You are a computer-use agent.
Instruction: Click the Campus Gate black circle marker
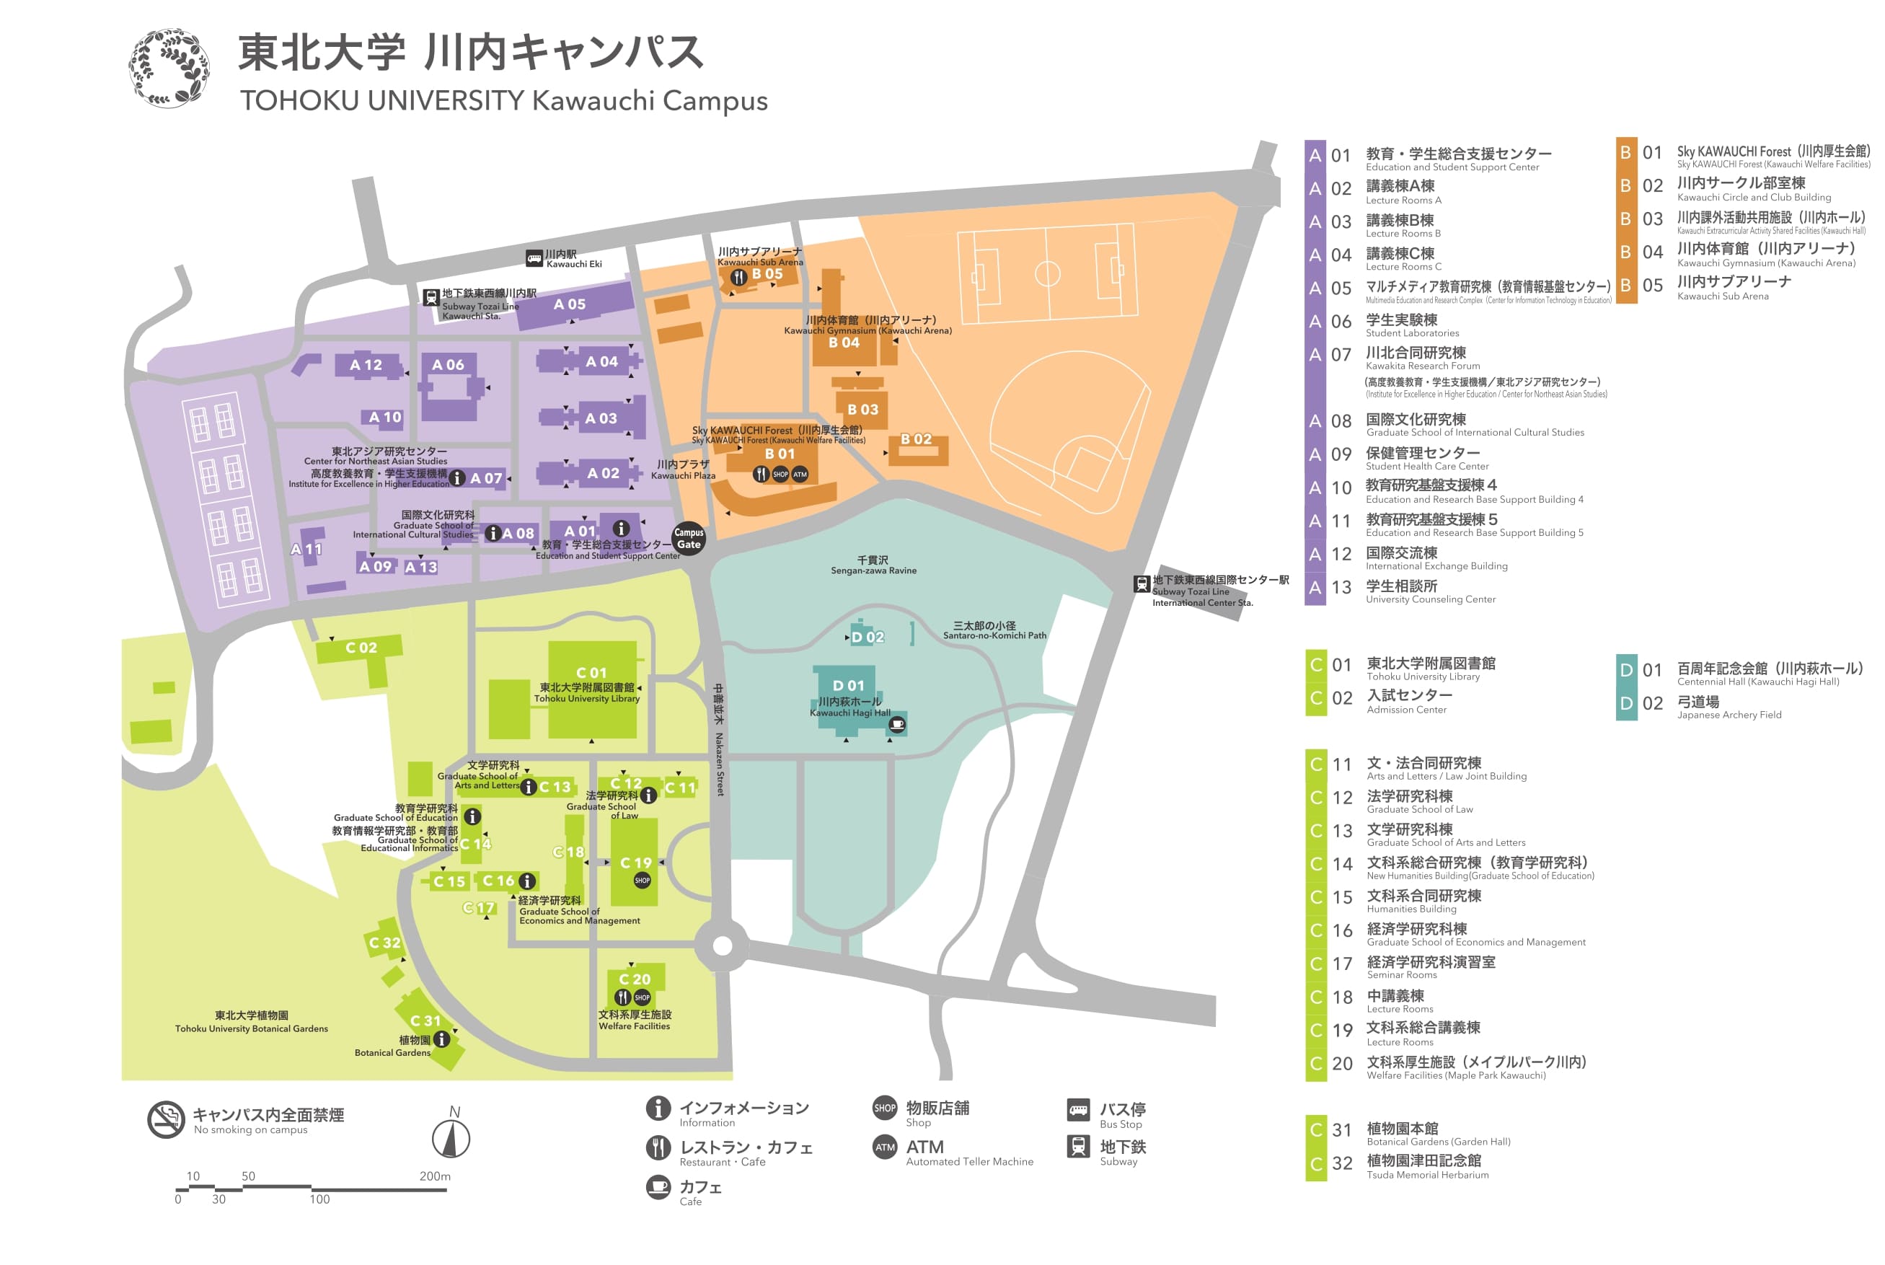[x=688, y=538]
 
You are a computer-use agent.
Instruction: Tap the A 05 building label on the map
[x=570, y=304]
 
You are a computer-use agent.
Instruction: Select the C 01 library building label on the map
[x=591, y=673]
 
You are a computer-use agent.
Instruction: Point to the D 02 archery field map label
[x=867, y=638]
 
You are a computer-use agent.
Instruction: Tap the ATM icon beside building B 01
[x=799, y=475]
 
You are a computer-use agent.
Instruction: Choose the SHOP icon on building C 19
[x=642, y=880]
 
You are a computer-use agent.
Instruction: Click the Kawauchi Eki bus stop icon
[x=534, y=258]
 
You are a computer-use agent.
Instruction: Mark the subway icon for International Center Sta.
[x=1142, y=583]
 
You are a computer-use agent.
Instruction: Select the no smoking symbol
[x=166, y=1119]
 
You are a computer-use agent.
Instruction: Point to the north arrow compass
[x=451, y=1137]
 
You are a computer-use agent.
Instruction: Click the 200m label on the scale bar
[x=435, y=1176]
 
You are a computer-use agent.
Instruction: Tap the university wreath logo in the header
[x=169, y=68]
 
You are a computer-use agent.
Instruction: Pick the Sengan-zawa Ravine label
[x=873, y=565]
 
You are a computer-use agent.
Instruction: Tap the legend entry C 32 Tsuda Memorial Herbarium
[x=1423, y=1165]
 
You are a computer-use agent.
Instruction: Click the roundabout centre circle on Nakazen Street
[x=723, y=946]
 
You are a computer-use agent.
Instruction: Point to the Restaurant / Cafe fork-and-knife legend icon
[x=658, y=1147]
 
